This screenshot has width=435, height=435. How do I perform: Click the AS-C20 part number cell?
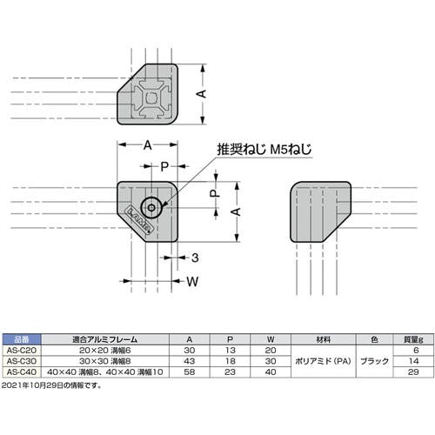click(22, 350)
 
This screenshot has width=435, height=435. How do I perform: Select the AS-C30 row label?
click(22, 361)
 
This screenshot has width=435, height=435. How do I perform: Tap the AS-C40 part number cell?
click(22, 371)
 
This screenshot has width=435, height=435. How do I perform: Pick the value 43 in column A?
click(190, 361)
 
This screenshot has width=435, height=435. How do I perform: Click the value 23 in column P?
click(230, 371)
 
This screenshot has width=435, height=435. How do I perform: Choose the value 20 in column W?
click(271, 350)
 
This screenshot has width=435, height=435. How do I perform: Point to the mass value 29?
click(413, 371)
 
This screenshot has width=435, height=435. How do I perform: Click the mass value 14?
click(414, 361)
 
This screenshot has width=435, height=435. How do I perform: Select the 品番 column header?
click(22, 339)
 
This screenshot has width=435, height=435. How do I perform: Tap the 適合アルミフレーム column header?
click(105, 339)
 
